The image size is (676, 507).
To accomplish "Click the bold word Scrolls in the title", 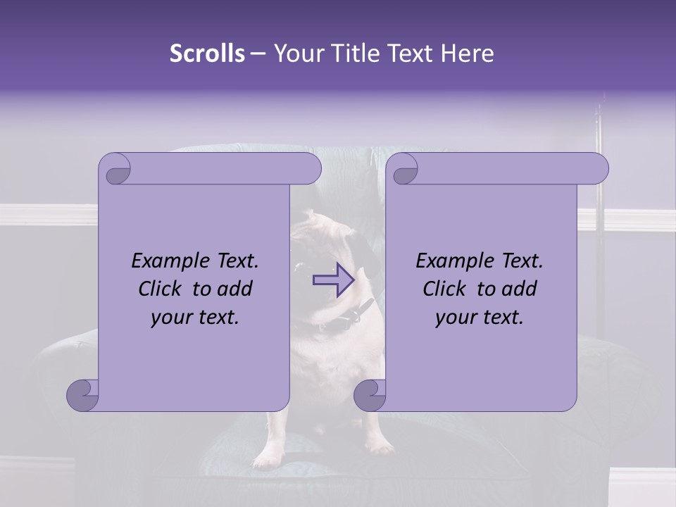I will point(207,53).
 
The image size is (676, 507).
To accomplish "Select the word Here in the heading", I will point(468,53).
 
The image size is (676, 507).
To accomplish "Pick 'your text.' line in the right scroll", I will point(480,317).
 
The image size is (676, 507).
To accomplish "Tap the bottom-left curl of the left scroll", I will point(83,394).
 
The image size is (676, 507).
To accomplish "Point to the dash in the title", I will point(258,53).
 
